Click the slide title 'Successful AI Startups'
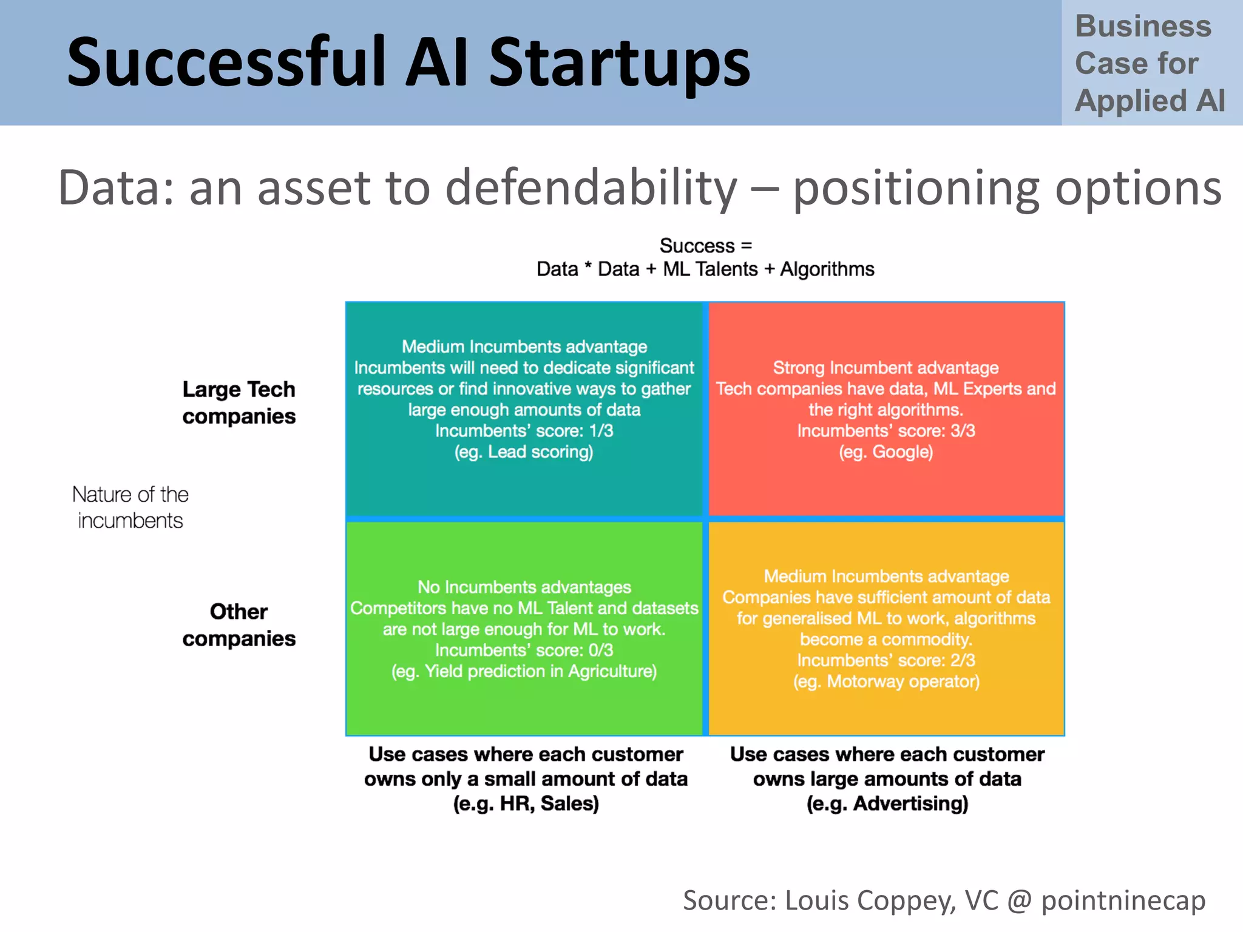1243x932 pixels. pyautogui.click(x=408, y=62)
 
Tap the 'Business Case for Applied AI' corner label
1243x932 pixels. pyautogui.click(x=1150, y=63)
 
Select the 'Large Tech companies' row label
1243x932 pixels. pyautogui.click(x=239, y=402)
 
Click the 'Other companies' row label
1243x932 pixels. pyautogui.click(x=239, y=625)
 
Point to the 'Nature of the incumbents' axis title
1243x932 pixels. pyautogui.click(x=130, y=507)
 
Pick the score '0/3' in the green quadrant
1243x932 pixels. pyautogui.click(x=600, y=650)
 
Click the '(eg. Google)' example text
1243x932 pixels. pyautogui.click(x=886, y=452)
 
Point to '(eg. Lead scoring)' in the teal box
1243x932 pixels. pyautogui.click(x=524, y=452)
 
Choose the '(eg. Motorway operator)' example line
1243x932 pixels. pyautogui.click(x=886, y=681)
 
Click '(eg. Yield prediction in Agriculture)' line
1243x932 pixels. pyautogui.click(x=524, y=672)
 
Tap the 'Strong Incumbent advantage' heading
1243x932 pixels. pyautogui.click(x=886, y=368)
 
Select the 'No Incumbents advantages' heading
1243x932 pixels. pyautogui.click(x=524, y=587)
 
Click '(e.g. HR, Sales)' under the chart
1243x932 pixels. pyautogui.click(x=526, y=803)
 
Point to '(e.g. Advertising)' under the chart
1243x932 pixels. pyautogui.click(x=887, y=803)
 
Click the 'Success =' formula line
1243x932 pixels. pyautogui.click(x=705, y=246)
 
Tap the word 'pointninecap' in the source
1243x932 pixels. pyautogui.click(x=1123, y=900)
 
